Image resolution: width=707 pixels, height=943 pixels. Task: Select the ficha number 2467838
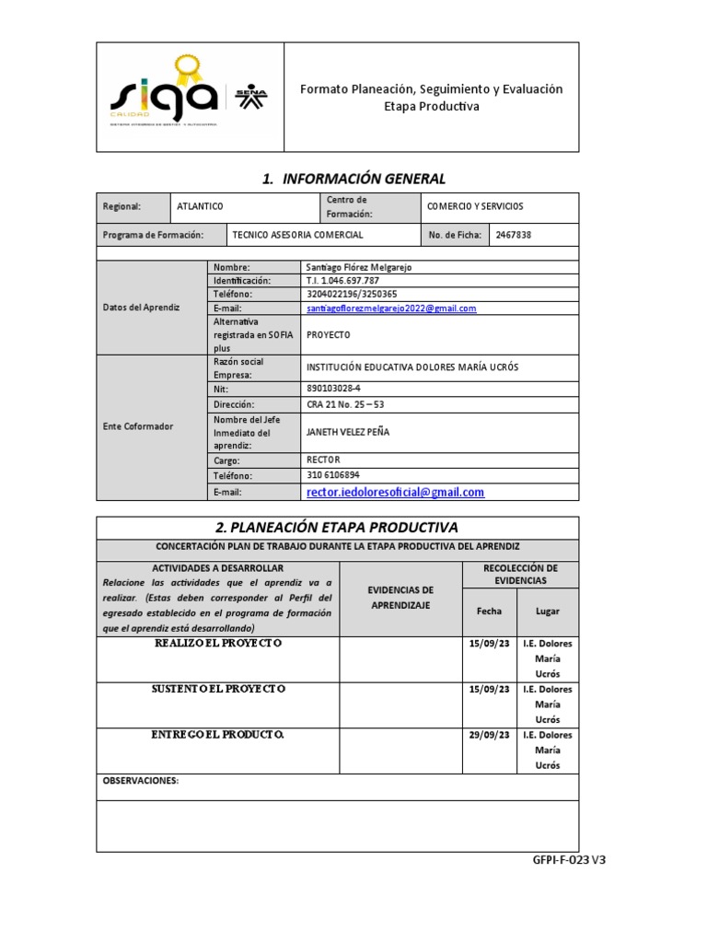click(514, 235)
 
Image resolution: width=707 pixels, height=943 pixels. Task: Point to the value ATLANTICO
click(200, 207)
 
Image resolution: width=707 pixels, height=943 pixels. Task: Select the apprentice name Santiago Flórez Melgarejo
click(359, 267)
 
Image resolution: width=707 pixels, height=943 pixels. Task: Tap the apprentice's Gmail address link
click(391, 309)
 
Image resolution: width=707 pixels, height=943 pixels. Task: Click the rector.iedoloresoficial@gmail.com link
click(395, 493)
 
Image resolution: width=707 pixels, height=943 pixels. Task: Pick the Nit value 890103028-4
click(333, 389)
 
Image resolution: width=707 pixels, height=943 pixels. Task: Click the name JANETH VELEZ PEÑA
click(347, 432)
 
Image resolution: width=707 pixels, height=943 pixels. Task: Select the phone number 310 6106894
click(333, 475)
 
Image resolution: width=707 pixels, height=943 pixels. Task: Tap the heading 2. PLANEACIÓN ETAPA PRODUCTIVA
click(337, 528)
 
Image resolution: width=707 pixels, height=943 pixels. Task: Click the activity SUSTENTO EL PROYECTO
click(218, 689)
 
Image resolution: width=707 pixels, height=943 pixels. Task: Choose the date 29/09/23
click(489, 735)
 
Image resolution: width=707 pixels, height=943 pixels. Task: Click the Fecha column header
click(489, 611)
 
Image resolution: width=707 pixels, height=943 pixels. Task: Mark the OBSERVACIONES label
click(140, 781)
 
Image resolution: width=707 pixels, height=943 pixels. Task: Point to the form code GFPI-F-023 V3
click(569, 860)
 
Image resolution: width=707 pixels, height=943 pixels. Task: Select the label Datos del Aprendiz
click(141, 308)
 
